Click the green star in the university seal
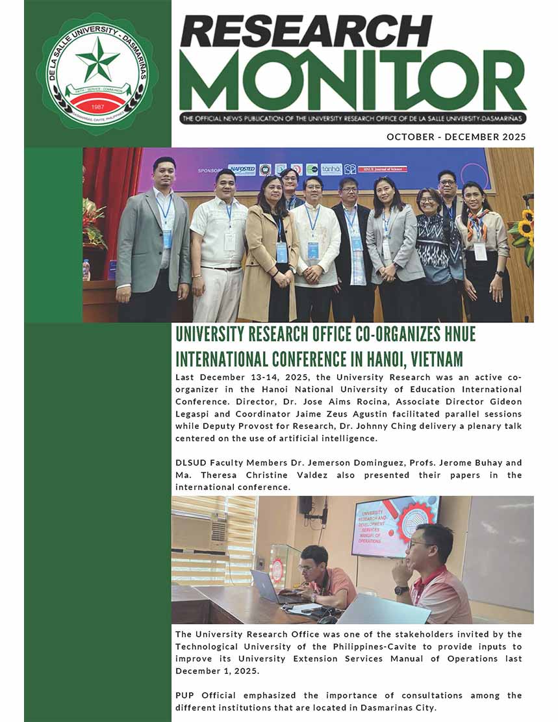click(97, 59)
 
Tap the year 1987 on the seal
click(97, 106)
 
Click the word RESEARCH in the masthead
click(305, 31)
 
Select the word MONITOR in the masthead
click(351, 81)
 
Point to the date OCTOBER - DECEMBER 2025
click(456, 136)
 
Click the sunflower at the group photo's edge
click(525, 227)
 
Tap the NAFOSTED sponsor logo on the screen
click(242, 170)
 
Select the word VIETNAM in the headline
click(437, 358)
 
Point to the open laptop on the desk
click(268, 587)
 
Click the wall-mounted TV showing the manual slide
click(395, 526)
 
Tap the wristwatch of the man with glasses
click(401, 590)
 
